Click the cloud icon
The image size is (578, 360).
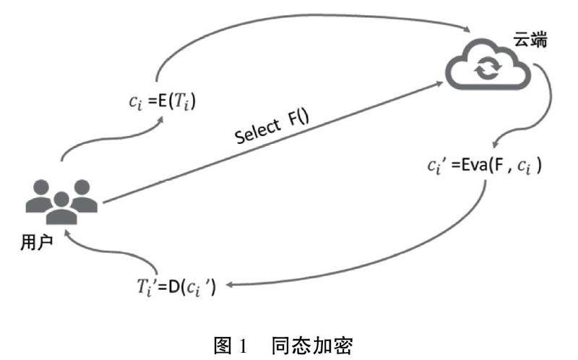tap(489, 67)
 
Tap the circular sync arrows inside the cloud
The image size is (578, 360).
tap(486, 70)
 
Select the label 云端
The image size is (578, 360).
tap(530, 41)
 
